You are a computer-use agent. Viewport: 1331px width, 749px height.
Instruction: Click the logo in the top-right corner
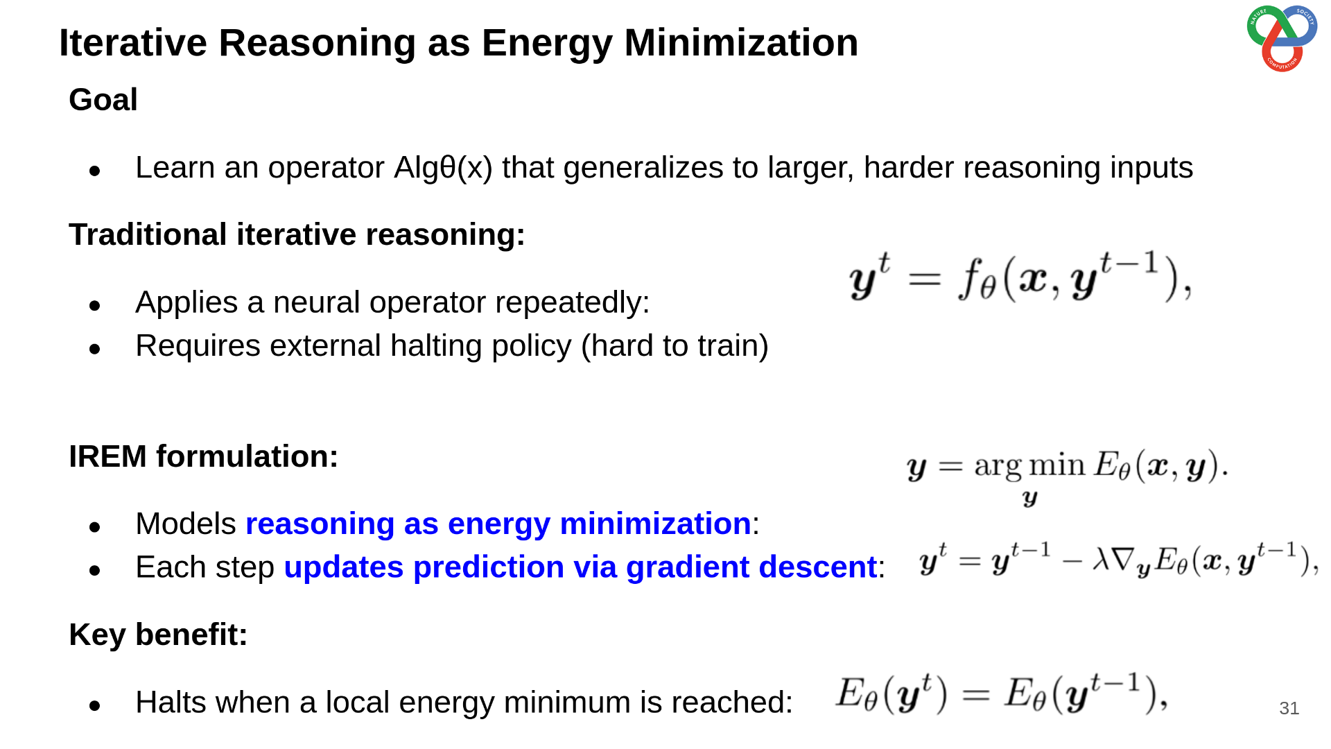pyautogui.click(x=1282, y=37)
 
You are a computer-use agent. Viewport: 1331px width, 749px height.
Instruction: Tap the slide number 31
pyautogui.click(x=1289, y=708)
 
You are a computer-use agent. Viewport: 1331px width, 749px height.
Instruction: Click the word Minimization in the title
pyautogui.click(x=741, y=43)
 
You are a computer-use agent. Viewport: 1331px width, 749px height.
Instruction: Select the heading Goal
pyautogui.click(x=103, y=100)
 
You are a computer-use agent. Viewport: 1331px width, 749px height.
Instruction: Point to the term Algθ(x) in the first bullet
pyautogui.click(x=443, y=168)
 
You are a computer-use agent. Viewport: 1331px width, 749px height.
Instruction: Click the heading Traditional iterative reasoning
pyautogui.click(x=297, y=234)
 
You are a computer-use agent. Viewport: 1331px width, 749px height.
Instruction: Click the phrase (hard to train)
pyautogui.click(x=675, y=346)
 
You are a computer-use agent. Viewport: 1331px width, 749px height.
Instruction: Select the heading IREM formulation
pyautogui.click(x=204, y=456)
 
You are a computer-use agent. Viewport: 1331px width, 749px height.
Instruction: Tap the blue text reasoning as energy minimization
pyautogui.click(x=498, y=524)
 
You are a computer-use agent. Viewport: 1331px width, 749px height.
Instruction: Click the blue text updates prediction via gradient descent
pyautogui.click(x=581, y=568)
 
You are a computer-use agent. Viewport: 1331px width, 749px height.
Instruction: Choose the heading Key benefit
pyautogui.click(x=158, y=635)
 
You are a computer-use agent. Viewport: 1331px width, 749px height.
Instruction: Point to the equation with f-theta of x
pyautogui.click(x=1020, y=277)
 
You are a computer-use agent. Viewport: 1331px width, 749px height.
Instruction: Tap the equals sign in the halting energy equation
pyautogui.click(x=975, y=695)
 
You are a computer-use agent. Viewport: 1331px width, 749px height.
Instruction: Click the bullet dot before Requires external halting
pyautogui.click(x=95, y=349)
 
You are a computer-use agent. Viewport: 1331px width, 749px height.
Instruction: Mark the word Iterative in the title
pyautogui.click(x=133, y=43)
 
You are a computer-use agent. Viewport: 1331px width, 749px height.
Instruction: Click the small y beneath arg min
pyautogui.click(x=1030, y=499)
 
